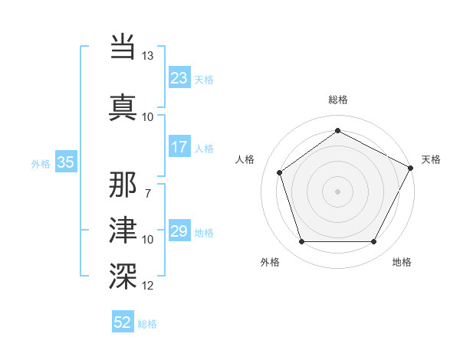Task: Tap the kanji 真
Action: coord(123,106)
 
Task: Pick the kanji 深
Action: coord(123,273)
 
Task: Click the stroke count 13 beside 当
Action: coord(148,57)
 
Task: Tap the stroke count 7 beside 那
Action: coord(148,193)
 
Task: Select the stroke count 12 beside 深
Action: coord(148,286)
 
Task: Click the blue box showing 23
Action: coord(179,78)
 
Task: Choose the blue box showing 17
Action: coord(179,147)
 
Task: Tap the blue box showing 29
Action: coord(179,231)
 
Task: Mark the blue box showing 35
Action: coord(65,162)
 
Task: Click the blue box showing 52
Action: coord(122,323)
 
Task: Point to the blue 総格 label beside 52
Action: coord(147,324)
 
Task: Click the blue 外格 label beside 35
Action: coord(41,163)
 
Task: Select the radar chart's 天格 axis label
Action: coord(431,159)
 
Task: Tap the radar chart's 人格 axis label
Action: coord(245,159)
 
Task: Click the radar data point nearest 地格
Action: coord(373,242)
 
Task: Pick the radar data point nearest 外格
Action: coord(301,242)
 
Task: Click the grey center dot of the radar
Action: coord(337,191)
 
